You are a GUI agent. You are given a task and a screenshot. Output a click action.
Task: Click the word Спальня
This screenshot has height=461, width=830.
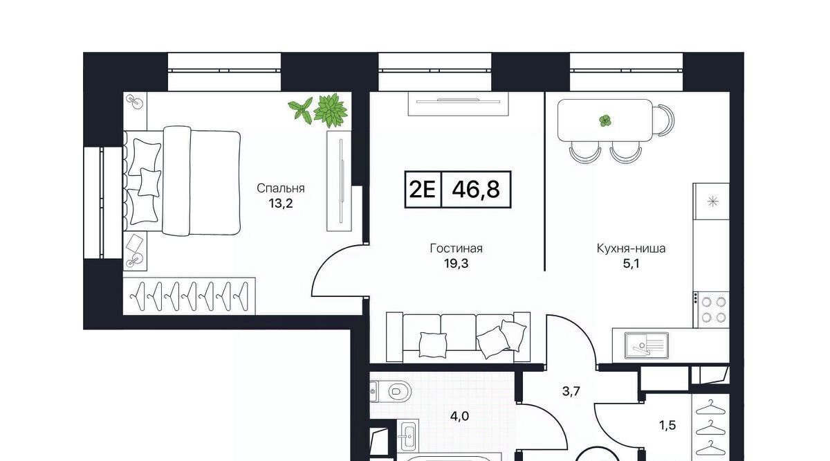click(281, 189)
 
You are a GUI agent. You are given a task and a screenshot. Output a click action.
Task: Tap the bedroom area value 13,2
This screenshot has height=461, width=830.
click(281, 204)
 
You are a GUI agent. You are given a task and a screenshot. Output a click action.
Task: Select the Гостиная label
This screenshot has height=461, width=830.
click(456, 248)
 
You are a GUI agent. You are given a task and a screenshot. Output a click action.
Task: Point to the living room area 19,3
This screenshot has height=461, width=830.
click(456, 263)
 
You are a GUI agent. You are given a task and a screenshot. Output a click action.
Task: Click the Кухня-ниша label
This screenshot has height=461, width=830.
click(631, 248)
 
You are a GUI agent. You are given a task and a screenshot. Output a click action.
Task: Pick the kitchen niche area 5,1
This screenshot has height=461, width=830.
click(631, 263)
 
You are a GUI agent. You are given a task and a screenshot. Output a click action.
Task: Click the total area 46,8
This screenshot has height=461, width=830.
click(476, 190)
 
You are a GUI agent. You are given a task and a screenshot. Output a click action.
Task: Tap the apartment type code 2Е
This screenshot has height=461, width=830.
click(423, 190)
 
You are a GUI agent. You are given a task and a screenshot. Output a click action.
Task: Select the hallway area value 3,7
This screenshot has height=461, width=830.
click(571, 391)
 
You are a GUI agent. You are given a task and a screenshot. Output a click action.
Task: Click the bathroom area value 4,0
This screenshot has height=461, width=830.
click(459, 417)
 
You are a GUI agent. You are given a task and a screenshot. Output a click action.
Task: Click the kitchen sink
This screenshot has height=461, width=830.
click(647, 345)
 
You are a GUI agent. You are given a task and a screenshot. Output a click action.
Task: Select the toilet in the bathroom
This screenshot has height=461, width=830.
click(391, 391)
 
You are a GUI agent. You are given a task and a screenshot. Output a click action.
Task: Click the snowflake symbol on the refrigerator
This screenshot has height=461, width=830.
click(713, 202)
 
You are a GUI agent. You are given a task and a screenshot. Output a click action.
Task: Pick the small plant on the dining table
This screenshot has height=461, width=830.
click(605, 121)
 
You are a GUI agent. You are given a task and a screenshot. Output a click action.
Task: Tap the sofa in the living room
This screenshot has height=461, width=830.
click(459, 337)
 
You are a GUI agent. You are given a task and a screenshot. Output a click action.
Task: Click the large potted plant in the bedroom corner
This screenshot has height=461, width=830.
click(331, 110)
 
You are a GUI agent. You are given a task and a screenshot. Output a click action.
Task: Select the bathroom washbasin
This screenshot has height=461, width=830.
click(407, 436)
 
